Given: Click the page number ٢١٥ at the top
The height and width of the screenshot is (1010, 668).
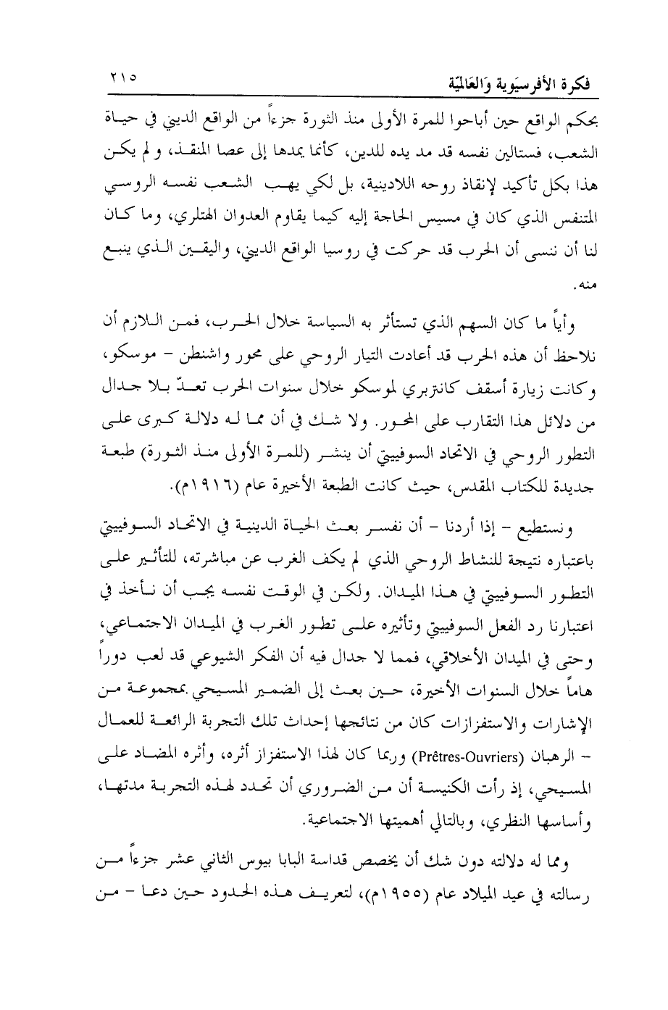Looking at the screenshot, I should pos(122,78).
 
